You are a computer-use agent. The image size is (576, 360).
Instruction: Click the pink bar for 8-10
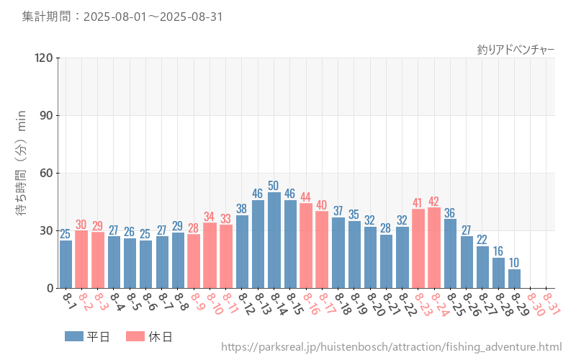210,256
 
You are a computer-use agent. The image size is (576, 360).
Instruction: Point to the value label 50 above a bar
274,186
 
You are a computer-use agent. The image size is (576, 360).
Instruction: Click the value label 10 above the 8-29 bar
514,263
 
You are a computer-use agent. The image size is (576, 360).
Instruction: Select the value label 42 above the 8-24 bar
434,201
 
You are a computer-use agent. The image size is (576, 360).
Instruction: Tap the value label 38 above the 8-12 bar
242,209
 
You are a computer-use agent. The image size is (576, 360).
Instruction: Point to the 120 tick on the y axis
44,58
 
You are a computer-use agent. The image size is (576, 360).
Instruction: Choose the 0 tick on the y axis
50,288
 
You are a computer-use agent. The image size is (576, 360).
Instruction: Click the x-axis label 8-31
551,303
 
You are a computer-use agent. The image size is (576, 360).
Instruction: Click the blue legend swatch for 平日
75,336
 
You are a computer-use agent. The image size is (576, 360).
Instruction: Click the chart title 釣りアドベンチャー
516,50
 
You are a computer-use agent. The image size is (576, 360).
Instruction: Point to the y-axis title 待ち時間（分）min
22,173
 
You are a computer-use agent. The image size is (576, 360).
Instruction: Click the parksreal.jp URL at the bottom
391,348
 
